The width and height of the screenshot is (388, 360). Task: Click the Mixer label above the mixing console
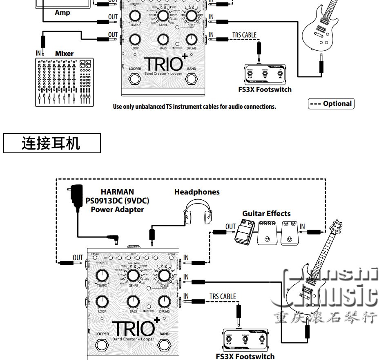64,54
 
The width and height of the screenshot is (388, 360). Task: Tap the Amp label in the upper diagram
62,13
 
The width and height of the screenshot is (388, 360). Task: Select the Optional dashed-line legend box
331,104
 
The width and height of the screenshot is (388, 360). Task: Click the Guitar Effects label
266,213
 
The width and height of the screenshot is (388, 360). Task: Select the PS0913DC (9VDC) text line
117,201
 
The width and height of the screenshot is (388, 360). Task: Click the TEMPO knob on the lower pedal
102,275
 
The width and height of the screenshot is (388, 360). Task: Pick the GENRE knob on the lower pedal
133,275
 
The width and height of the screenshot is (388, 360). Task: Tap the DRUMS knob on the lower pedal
164,302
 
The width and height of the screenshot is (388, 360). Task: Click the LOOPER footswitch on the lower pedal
102,345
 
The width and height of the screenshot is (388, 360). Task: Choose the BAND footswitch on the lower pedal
164,345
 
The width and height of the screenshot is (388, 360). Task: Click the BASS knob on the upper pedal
163,39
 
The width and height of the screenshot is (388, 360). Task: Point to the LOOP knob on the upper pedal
135,39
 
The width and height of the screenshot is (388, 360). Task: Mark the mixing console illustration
64,82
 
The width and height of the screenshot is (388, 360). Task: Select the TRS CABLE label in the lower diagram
223,296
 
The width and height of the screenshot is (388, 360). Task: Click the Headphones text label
197,192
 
